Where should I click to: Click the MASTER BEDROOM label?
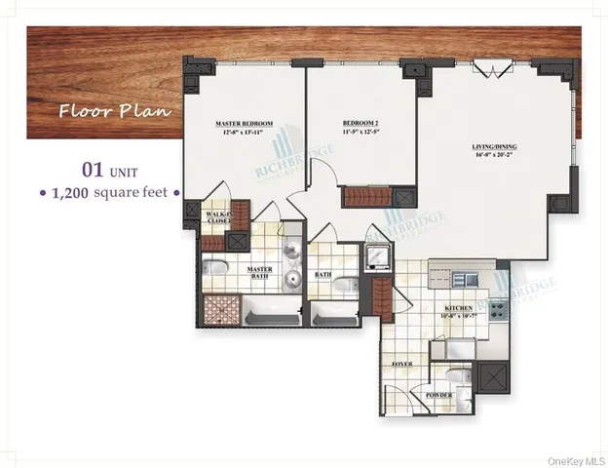[244, 123]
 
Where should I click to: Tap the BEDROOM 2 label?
[360, 123]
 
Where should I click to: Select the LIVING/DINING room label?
[489, 146]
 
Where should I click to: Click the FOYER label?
[400, 364]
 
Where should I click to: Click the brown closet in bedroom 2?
[363, 195]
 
